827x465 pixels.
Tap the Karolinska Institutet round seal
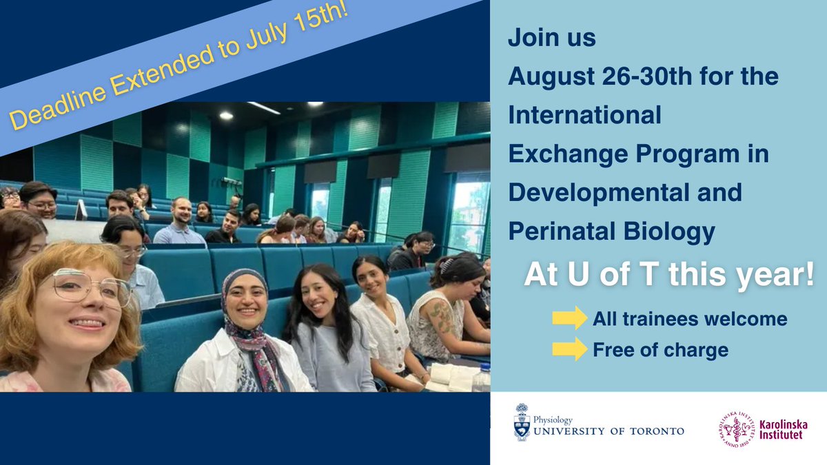click(736, 430)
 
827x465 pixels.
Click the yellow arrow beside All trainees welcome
click(569, 319)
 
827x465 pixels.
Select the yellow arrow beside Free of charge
click(569, 350)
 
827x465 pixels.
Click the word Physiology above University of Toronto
click(553, 419)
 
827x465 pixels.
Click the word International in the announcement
click(584, 114)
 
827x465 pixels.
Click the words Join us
click(552, 38)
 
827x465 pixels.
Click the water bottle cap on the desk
click(482, 367)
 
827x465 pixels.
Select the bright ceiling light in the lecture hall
click(225, 116)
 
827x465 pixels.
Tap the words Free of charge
click(660, 350)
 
